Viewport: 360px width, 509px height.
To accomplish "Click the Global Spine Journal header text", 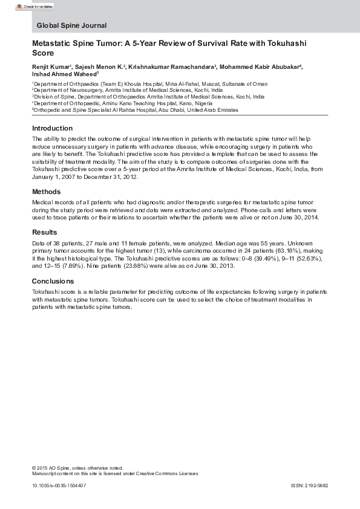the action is pos(71,25).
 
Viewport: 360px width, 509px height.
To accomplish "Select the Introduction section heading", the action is pos(52,128).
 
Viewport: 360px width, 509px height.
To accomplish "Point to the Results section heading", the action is pos(45,232).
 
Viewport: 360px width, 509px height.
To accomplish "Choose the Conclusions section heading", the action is pos(53,281).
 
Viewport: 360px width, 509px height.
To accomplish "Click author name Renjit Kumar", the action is pos(50,66).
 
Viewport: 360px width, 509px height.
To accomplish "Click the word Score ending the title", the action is pos(42,53).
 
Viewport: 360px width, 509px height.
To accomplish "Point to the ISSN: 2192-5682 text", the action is pos(309,485).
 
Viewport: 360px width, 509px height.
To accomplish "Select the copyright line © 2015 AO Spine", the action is pos(77,467).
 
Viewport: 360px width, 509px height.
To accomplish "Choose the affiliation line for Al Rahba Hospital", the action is pos(135,111).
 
